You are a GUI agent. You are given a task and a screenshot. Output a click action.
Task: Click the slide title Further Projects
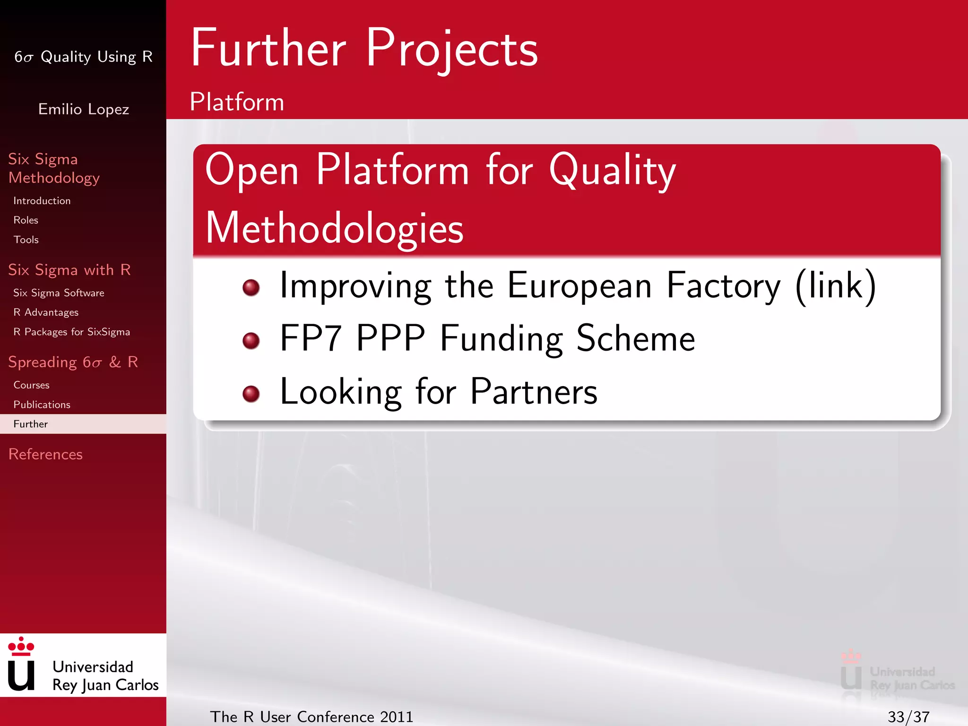[x=364, y=48]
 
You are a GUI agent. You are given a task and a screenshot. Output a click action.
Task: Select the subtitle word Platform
[x=237, y=102]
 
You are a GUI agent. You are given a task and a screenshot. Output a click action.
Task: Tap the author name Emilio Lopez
[x=84, y=109]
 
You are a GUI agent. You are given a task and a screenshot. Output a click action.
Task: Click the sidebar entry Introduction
[x=42, y=201]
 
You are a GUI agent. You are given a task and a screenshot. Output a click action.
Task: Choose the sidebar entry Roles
[x=26, y=220]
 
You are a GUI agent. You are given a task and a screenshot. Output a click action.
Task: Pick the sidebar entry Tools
[x=26, y=240]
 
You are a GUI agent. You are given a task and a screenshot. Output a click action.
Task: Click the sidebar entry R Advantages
[x=46, y=312]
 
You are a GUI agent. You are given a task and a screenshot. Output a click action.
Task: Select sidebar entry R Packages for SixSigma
[x=71, y=332]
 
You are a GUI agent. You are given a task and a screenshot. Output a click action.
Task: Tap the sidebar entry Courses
[x=31, y=385]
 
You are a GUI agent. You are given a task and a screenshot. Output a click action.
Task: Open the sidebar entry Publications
[x=42, y=405]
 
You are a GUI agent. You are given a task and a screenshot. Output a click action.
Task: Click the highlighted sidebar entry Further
[x=31, y=424]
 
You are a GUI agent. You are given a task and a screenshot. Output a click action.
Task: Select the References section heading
[x=45, y=454]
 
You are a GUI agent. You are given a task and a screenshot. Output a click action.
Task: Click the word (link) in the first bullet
[x=836, y=286]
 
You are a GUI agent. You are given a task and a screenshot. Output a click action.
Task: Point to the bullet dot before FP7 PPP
[x=251, y=340]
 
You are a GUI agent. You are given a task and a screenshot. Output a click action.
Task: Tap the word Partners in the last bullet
[x=534, y=392]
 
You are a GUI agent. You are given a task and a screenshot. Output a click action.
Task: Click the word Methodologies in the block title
[x=334, y=229]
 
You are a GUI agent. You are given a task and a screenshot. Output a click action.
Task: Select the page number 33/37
[x=908, y=717]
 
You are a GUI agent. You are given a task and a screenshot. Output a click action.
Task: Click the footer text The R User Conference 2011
[x=311, y=717]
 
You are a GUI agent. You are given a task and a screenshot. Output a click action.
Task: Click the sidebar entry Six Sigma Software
[x=59, y=293]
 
